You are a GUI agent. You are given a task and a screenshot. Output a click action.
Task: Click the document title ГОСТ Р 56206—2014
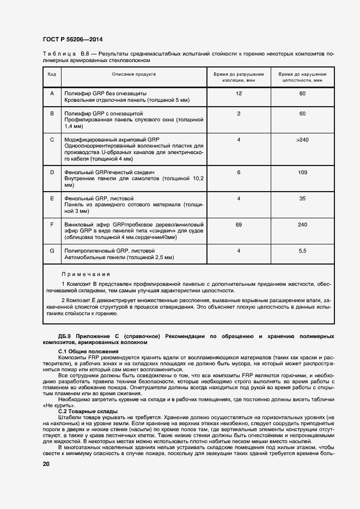pyautogui.click(x=72, y=39)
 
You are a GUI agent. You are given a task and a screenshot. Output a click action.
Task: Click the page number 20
pyautogui.click(x=46, y=464)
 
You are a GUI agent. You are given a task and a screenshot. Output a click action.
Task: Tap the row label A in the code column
pyautogui.click(x=52, y=94)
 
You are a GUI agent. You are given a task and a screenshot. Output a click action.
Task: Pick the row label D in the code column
pyautogui.click(x=52, y=171)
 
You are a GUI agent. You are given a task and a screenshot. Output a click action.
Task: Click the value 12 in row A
pyautogui.click(x=239, y=94)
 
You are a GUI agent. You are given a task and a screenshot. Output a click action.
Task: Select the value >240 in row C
pyautogui.click(x=302, y=140)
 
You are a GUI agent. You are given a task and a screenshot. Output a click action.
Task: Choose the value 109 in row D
pyautogui.click(x=302, y=171)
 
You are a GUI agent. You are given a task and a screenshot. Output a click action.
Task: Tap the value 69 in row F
pyautogui.click(x=239, y=224)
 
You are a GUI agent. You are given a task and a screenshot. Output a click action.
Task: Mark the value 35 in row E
pyautogui.click(x=302, y=198)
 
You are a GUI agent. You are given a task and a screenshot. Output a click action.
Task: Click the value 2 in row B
pyautogui.click(x=239, y=113)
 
